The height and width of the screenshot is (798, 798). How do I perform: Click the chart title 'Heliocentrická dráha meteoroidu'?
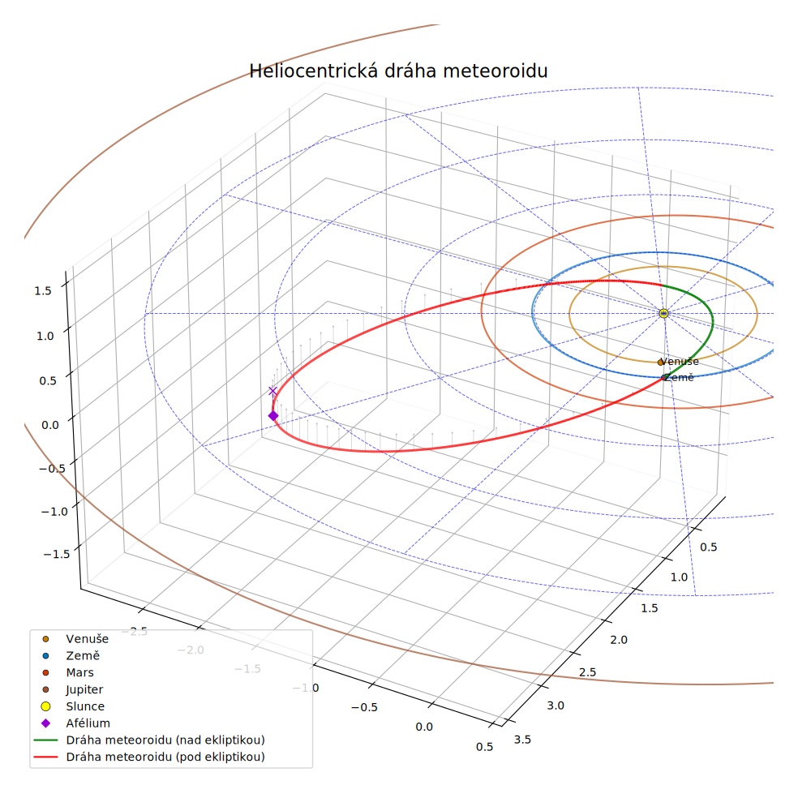click(398, 71)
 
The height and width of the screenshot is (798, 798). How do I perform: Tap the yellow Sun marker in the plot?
click(663, 314)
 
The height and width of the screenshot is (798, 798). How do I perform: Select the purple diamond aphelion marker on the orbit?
click(273, 416)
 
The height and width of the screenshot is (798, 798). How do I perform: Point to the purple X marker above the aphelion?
click(272, 392)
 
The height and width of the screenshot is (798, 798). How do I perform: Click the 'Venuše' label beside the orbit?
click(680, 362)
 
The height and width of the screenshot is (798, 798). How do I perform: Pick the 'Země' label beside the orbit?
click(680, 378)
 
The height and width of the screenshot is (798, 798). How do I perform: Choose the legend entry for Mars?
click(69, 673)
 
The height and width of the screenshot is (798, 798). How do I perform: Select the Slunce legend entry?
click(73, 706)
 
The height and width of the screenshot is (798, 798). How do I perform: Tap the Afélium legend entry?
click(75, 723)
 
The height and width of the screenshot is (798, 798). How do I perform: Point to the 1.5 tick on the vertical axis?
click(43, 291)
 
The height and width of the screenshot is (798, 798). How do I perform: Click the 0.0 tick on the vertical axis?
click(50, 425)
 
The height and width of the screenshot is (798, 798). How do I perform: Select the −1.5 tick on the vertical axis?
click(57, 554)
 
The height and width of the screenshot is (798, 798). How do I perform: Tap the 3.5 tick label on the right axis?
click(522, 740)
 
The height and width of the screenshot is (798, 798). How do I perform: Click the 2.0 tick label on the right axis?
click(618, 640)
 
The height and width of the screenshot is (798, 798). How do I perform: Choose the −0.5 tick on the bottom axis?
click(364, 707)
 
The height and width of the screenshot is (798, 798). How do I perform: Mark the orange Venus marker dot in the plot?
click(661, 363)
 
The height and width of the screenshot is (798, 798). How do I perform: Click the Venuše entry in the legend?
click(76, 639)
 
